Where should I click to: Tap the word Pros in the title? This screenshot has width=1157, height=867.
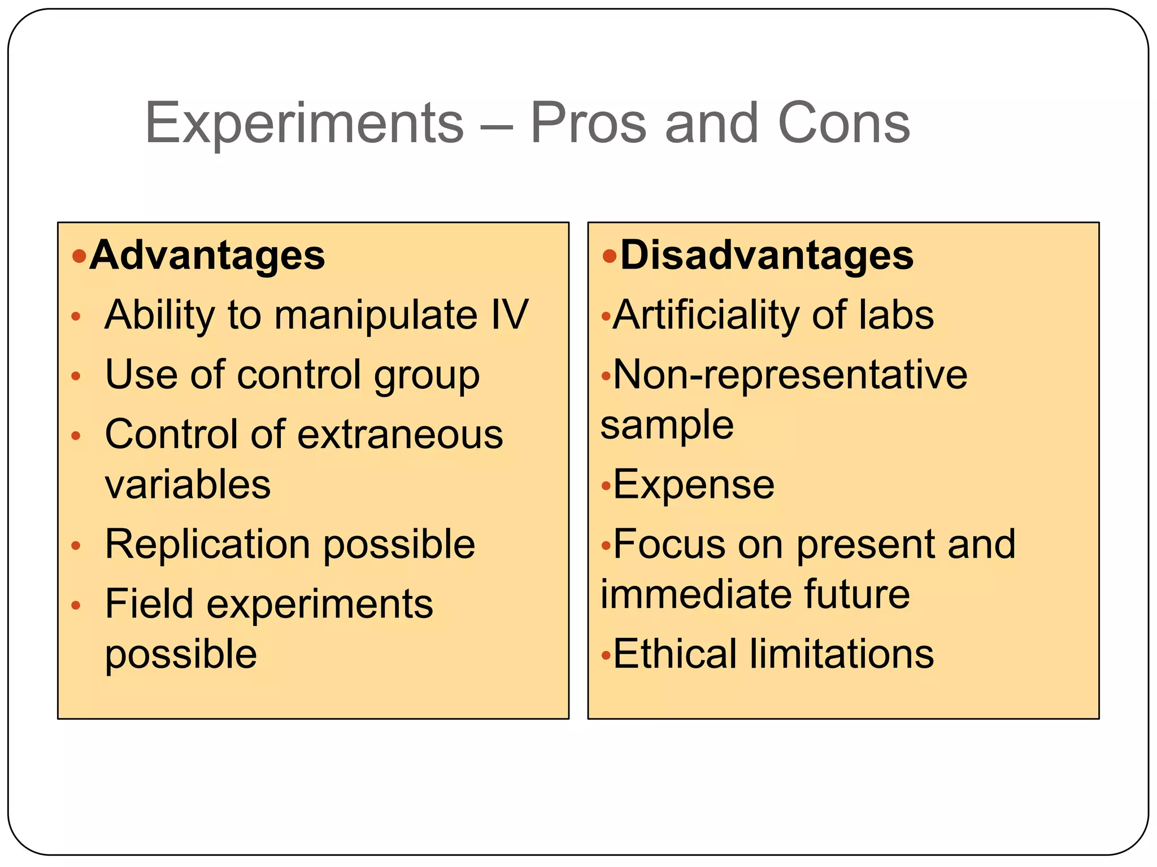[x=588, y=123]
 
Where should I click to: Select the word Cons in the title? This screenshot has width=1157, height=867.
[x=844, y=123]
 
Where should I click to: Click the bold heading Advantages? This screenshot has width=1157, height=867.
[x=207, y=256]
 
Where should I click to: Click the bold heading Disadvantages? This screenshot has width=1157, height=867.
[x=767, y=256]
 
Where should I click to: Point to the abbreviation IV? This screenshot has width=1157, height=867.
[x=510, y=314]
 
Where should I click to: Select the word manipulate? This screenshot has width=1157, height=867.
[x=376, y=316]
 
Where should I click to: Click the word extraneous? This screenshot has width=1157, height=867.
[x=400, y=435]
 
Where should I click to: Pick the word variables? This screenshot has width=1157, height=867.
[x=188, y=484]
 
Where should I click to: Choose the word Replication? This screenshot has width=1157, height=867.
[x=207, y=544]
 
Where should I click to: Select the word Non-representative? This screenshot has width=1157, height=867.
[x=790, y=375]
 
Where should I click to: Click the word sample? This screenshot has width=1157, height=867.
[x=667, y=426]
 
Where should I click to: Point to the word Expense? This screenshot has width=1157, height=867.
[x=694, y=485]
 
